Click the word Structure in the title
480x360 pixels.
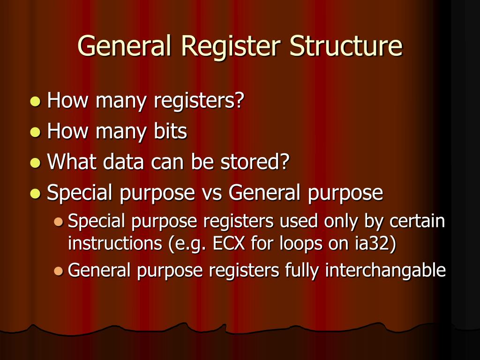pos(345,46)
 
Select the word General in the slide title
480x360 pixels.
pos(124,46)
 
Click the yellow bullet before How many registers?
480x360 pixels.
pos(35,102)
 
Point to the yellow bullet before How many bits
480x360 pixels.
pos(35,133)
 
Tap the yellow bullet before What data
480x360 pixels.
pos(35,163)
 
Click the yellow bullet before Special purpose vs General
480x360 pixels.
pos(35,194)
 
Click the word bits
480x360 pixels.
pos(170,132)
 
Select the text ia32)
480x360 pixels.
pos(377,244)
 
